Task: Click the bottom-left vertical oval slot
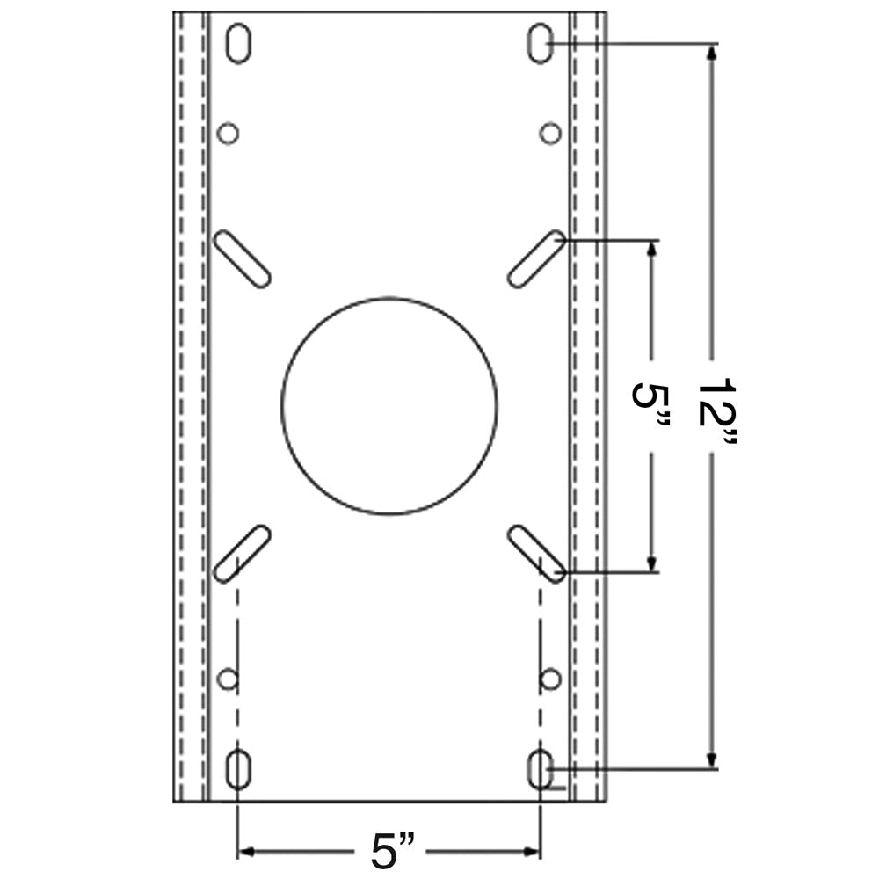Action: (236, 770)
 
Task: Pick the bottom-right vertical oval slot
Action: (540, 770)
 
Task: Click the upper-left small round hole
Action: (228, 134)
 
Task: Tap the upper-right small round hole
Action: (550, 134)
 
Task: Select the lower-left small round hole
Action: (228, 679)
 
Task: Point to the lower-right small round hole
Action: (550, 679)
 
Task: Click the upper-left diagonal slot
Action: (242, 258)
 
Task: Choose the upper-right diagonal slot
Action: (536, 258)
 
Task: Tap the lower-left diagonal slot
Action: (242, 552)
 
